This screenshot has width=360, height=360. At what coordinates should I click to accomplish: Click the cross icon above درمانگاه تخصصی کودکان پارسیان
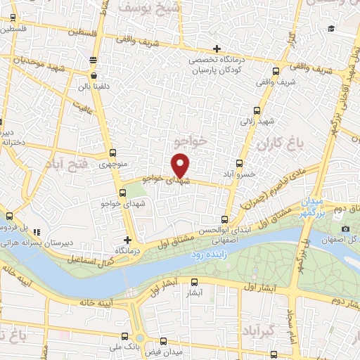point(217,49)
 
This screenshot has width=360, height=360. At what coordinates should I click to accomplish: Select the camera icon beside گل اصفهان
point(345,229)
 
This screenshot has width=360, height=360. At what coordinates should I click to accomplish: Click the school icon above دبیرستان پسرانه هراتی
point(37,231)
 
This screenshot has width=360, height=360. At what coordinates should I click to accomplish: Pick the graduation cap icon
point(330,29)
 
